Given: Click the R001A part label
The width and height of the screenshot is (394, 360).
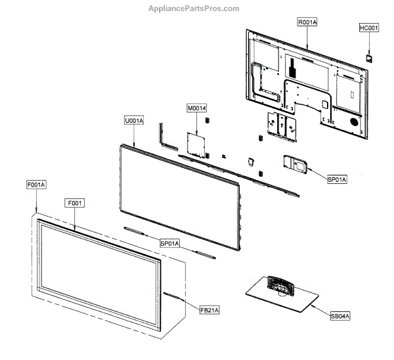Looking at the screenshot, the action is tap(307, 22).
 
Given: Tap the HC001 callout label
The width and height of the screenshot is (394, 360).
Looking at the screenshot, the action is tap(369, 28).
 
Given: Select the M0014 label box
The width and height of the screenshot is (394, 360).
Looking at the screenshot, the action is tap(197, 108).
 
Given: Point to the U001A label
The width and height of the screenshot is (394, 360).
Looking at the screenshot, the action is tap(134, 122).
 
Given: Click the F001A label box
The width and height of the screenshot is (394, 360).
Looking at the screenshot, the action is tap(37, 186).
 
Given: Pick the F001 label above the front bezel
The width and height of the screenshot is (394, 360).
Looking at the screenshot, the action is tap(74, 203).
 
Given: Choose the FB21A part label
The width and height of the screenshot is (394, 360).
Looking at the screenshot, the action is tap(211, 309).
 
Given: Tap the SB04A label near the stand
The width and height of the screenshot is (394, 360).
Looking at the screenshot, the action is tap(340, 316).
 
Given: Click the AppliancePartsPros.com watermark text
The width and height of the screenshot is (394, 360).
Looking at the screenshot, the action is tap(196, 8).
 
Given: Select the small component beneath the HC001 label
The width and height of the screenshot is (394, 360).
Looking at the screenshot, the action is tap(369, 57).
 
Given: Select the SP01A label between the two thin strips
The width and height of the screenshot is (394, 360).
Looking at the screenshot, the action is tap(170, 243).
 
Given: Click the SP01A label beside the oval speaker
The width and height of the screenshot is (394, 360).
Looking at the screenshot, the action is tap(336, 179).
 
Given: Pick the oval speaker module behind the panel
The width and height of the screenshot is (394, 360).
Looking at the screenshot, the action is tap(294, 164).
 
